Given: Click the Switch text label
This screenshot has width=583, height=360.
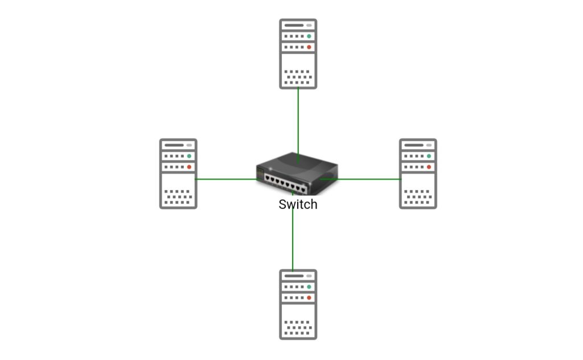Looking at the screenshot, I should pos(298,204).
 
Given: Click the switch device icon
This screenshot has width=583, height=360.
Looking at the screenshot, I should pos(297,175).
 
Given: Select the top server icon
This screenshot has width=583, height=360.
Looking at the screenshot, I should pos(298,54).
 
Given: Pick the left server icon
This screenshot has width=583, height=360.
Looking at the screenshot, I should pos(178,173).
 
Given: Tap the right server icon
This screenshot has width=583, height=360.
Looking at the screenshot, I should pos(418,173).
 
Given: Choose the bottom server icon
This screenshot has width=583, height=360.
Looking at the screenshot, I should pos(298,304).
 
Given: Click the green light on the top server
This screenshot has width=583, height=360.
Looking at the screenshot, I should pos(309,36).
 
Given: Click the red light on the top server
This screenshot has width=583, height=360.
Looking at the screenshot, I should pos(309,47).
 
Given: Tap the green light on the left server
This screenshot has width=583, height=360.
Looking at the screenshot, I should pos(189,156).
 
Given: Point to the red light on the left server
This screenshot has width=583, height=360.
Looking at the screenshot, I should pos(189,167).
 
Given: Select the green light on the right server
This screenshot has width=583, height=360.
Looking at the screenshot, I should pos(429,156).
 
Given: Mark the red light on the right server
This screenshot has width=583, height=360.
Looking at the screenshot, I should pos(429,167).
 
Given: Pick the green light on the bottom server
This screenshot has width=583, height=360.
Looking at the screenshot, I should pos(309,287).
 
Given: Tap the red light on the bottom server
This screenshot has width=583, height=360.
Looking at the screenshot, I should pos(309,297).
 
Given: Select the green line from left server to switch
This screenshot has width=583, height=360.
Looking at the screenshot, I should pos(225,179).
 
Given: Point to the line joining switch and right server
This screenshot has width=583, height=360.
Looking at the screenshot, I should pos(370,179).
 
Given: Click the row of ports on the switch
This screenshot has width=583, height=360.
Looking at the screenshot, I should pos(287,184).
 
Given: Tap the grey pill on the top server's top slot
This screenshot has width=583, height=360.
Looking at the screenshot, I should pos(309,26).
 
